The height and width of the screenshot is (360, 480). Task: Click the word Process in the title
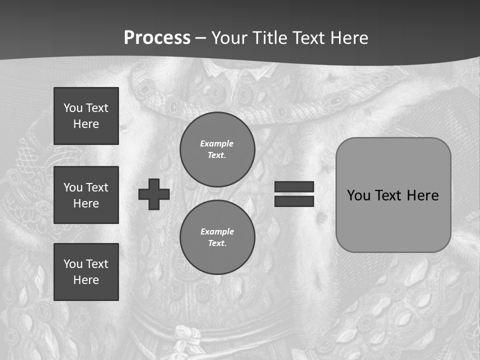point(157,38)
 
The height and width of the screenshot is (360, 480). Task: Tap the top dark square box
point(86,116)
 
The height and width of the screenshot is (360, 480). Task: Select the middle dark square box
point(86,195)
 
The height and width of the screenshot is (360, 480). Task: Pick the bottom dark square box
point(86,272)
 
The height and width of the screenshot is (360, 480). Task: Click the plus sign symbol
point(154,194)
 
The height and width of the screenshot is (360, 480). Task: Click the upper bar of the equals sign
point(294,186)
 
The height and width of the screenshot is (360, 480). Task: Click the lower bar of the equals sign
point(294,201)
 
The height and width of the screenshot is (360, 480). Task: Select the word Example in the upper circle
point(217,143)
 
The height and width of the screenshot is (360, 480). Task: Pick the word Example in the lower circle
point(217,231)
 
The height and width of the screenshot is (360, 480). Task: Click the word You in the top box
point(72,108)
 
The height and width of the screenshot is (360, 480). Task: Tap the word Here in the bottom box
point(86,280)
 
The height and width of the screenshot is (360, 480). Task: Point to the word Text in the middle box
point(96,187)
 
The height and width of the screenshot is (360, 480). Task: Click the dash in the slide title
point(200,38)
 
